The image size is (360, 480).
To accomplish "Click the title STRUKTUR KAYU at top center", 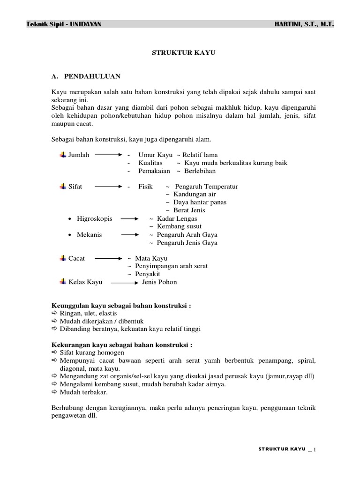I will (183, 53).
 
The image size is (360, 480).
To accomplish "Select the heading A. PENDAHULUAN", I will (86, 75).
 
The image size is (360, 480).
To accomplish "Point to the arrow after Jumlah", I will (109, 155).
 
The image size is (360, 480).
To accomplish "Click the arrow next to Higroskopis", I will (129, 219).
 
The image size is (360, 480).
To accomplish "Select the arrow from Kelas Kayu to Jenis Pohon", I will (124, 283).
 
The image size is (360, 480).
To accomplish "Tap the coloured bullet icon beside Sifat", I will (63, 187).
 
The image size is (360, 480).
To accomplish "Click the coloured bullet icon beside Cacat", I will (63, 258).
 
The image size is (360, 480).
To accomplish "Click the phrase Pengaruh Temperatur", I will (206, 187).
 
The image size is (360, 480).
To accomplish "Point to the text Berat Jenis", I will (189, 210).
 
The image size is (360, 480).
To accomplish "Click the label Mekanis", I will (89, 234).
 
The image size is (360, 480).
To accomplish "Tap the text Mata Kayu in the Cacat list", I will (151, 258).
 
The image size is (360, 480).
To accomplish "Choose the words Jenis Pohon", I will (159, 282).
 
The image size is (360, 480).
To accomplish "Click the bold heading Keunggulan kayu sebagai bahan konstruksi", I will (121, 306).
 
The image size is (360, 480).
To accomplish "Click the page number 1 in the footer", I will (315, 450).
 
